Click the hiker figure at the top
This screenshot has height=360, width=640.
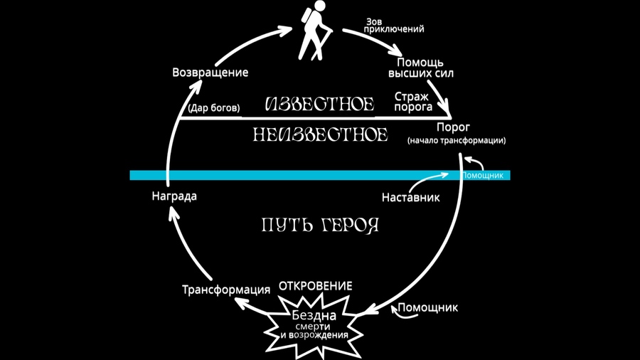coord(314,30)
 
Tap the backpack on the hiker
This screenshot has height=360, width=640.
coord(306,16)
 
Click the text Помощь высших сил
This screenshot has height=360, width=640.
coord(420,68)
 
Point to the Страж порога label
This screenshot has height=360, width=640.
coord(412,102)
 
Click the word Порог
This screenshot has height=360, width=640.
coord(453,127)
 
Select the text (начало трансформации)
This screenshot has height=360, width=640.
coord(457,140)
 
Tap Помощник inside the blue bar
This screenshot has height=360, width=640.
coord(482,176)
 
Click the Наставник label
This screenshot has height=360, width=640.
coord(410,198)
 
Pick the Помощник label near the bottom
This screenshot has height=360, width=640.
coord(428,307)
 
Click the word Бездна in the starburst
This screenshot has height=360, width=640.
coord(314,315)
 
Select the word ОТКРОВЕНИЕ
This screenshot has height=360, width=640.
coord(316,286)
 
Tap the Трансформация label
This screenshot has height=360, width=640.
coord(226,290)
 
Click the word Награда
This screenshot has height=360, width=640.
coord(174,196)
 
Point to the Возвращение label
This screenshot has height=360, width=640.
coord(210,73)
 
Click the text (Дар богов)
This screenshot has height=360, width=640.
coord(214,108)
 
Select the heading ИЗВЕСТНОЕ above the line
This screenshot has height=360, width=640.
coord(319,105)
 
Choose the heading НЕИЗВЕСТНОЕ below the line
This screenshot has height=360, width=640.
coord(320,134)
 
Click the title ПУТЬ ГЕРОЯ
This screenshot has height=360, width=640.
coord(320,225)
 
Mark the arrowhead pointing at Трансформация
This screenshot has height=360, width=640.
coord(241,303)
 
